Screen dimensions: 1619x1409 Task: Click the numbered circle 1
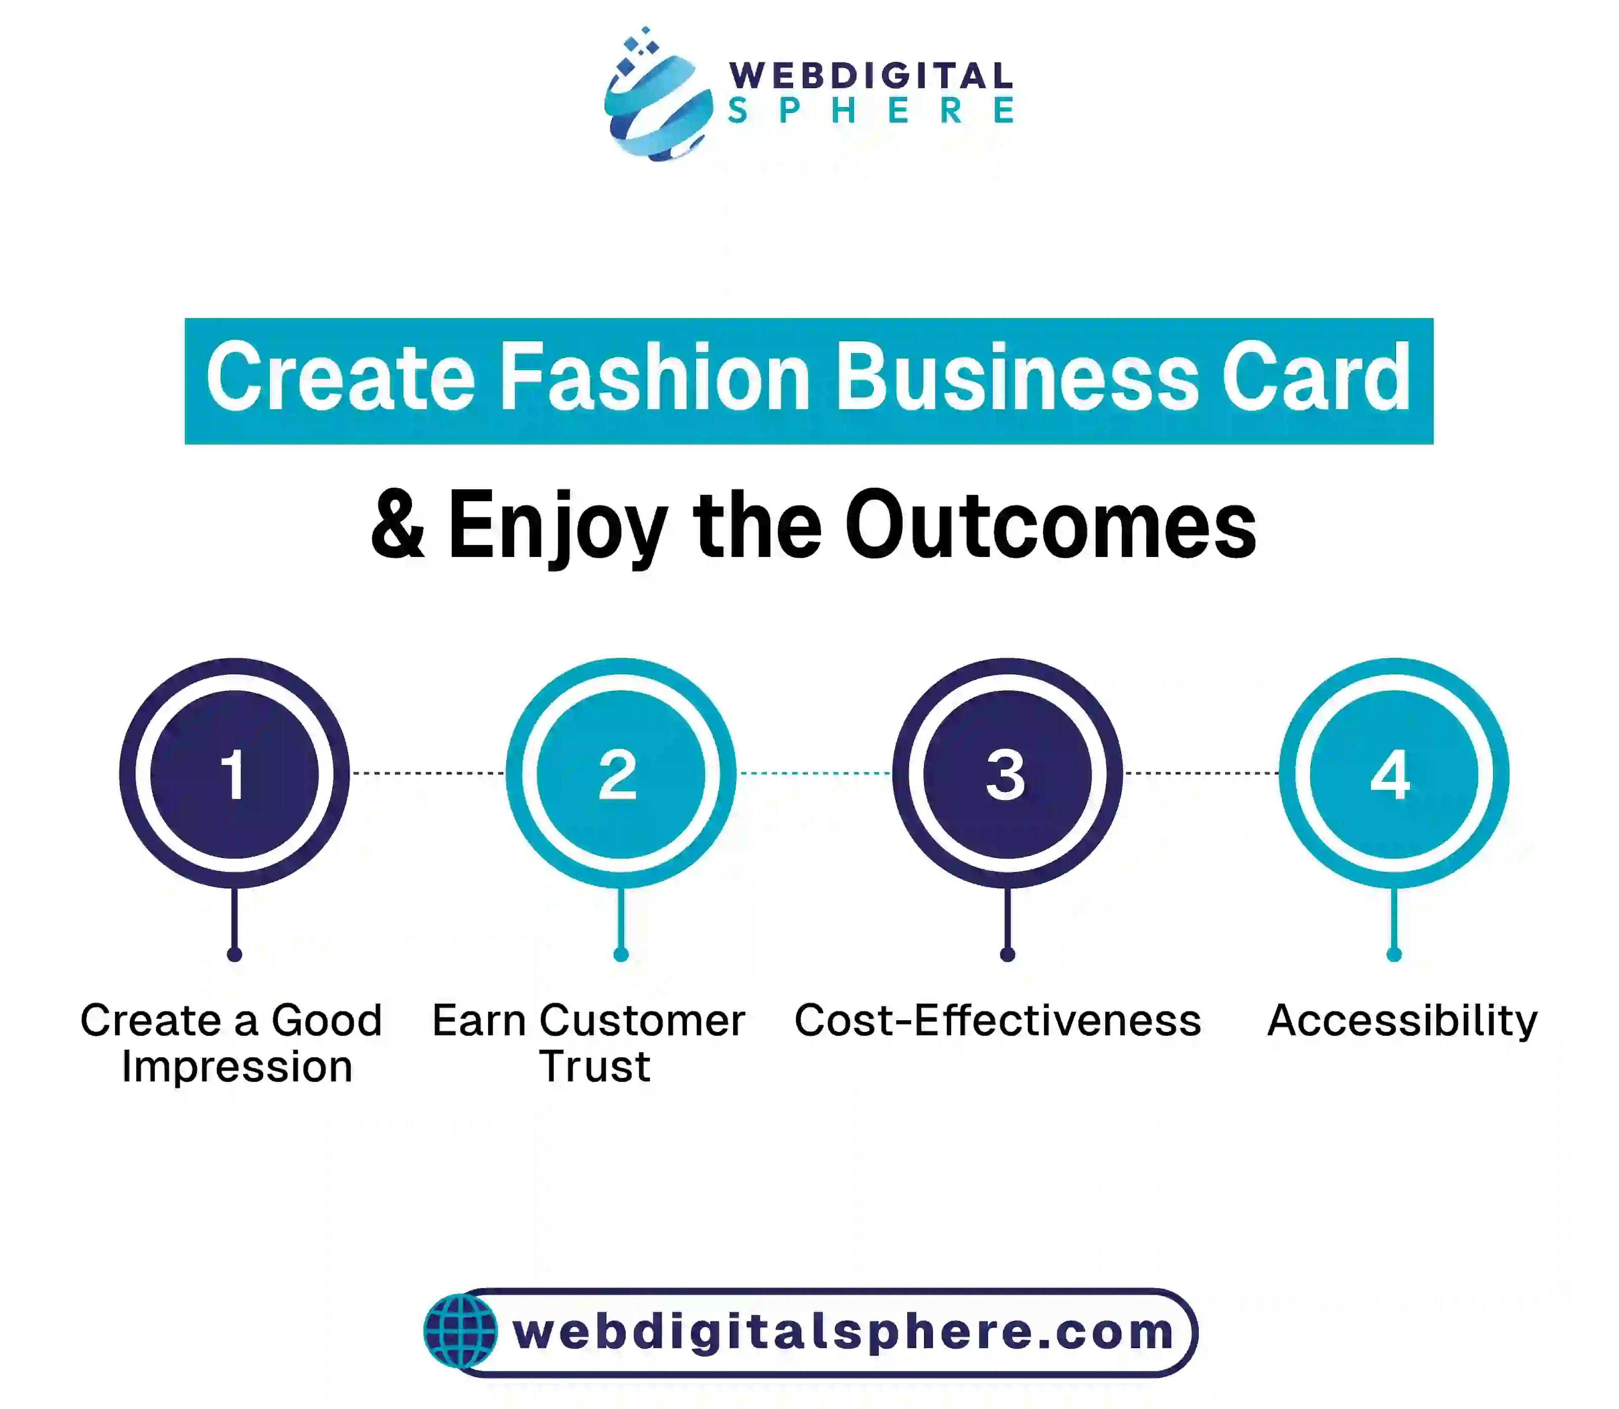[234, 774]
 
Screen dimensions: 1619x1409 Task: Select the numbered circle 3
[1007, 774]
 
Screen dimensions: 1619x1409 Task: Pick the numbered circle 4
[1394, 774]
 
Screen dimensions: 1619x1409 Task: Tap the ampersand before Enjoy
[397, 524]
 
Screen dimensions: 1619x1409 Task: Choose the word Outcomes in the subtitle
[1051, 524]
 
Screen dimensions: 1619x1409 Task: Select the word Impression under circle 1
[237, 1067]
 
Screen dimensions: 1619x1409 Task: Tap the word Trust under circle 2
[594, 1067]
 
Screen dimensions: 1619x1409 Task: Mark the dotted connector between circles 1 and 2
[428, 773]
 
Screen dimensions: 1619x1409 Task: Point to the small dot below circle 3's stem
[1007, 955]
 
